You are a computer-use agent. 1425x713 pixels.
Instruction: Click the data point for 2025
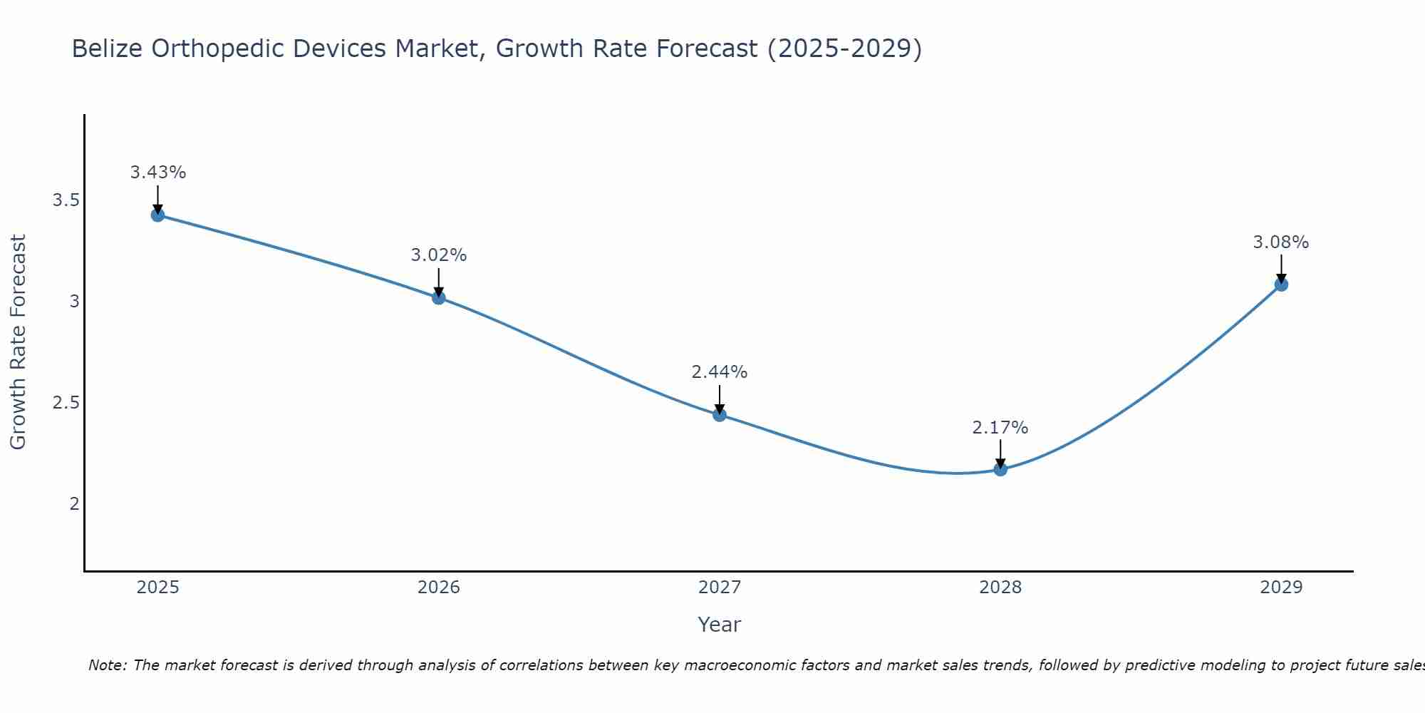(x=158, y=215)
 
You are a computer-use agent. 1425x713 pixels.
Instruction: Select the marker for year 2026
(x=439, y=297)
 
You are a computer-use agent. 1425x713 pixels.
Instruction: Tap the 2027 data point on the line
(x=720, y=414)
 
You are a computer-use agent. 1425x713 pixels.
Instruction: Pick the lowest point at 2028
(x=1000, y=469)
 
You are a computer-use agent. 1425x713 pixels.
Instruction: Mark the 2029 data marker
(x=1281, y=284)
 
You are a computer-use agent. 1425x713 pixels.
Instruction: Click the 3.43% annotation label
(x=158, y=173)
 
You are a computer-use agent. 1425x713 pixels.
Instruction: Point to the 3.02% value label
(x=439, y=255)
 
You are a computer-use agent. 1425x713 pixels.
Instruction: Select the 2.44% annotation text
(x=720, y=372)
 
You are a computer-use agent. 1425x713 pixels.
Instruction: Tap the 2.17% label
(x=1000, y=428)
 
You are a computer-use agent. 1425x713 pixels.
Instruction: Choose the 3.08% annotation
(x=1281, y=242)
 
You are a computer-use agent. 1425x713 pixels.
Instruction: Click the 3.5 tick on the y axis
(x=66, y=200)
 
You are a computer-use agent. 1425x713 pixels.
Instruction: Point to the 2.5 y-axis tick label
(x=66, y=403)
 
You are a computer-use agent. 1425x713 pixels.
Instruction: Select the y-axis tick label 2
(x=74, y=504)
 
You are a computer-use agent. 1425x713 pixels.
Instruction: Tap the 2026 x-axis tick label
(x=439, y=588)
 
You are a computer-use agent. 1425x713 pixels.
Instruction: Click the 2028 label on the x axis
(x=1000, y=588)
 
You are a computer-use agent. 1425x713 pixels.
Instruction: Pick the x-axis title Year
(x=720, y=625)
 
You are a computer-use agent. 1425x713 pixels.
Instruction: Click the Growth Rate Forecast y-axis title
(x=19, y=342)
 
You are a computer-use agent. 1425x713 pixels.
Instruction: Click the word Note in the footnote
(x=107, y=665)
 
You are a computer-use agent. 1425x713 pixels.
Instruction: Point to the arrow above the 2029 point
(x=1281, y=267)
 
